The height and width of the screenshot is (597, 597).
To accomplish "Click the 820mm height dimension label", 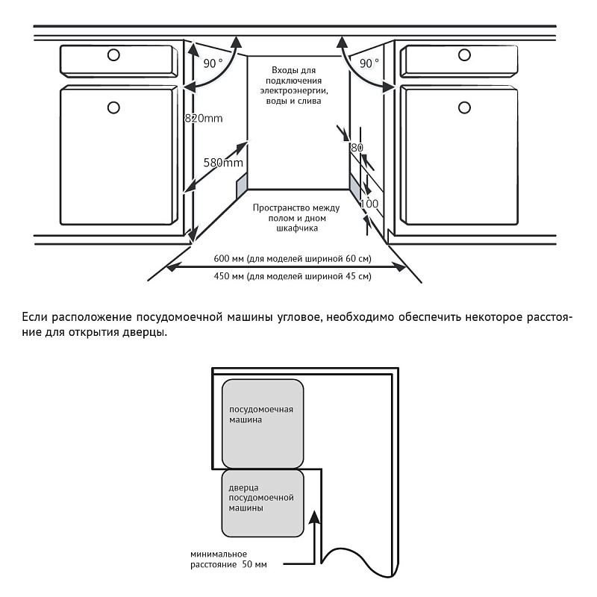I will [204, 119].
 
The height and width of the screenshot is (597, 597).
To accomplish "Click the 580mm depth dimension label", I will [223, 163].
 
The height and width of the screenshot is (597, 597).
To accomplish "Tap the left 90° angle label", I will [213, 63].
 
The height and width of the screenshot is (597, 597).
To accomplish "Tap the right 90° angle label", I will [369, 63].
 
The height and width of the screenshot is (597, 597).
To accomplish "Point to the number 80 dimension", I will [356, 147].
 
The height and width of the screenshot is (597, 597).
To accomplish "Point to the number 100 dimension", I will [369, 203].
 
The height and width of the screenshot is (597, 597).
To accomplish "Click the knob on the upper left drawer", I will [113, 54].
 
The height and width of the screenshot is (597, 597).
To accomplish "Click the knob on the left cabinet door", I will [113, 107].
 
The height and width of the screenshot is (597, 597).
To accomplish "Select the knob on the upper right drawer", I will [464, 54].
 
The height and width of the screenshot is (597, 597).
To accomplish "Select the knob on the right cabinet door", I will [464, 107].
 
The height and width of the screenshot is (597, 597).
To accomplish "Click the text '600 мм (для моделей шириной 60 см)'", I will [292, 259].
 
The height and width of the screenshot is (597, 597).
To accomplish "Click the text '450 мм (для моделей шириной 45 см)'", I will [292, 276].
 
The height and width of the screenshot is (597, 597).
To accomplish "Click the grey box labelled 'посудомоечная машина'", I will [263, 422].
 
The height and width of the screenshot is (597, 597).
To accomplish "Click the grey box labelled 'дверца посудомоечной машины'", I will [263, 502].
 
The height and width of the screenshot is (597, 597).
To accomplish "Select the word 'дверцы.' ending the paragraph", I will [147, 332].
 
